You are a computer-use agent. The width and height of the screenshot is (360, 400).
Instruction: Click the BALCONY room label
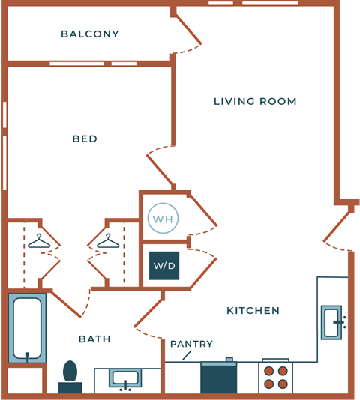[90, 34]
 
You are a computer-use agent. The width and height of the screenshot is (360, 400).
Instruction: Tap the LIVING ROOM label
[255, 102]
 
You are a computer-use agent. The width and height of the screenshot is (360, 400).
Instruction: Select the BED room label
[85, 139]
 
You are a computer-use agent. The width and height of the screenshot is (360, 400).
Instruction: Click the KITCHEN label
[253, 311]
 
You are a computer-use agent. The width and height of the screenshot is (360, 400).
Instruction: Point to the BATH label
[94, 339]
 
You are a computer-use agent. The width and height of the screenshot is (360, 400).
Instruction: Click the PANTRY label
[191, 345]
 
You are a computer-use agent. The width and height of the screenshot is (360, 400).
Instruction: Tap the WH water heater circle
[163, 219]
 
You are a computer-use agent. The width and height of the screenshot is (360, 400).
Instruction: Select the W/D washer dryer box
[163, 266]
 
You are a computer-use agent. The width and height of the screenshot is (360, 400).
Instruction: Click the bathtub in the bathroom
[27, 328]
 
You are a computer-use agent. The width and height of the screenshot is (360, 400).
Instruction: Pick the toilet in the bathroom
[70, 375]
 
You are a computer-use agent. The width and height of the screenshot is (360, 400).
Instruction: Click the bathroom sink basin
[125, 378]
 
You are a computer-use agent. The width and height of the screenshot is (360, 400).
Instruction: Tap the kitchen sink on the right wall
[331, 323]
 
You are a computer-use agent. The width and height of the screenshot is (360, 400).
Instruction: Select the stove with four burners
[275, 378]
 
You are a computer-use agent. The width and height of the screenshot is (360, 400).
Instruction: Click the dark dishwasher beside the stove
[218, 378]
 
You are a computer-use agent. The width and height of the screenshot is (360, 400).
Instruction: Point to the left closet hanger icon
[39, 241]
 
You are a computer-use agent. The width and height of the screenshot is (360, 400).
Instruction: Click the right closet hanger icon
[108, 241]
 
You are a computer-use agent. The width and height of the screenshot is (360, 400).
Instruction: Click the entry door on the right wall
[339, 232]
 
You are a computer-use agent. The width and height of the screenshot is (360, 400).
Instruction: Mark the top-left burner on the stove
[268, 371]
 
